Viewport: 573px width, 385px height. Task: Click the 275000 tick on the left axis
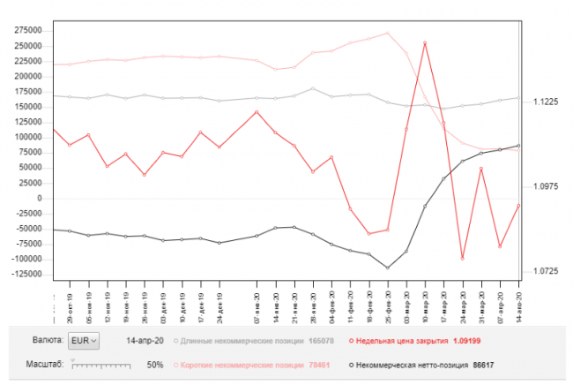pos(28,29)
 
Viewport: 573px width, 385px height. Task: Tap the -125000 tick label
pos(26,275)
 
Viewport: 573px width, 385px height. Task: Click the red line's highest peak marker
pos(425,42)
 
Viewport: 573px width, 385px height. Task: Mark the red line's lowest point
pos(462,259)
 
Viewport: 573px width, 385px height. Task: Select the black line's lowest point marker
pos(388,268)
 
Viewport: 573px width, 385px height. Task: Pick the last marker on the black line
pos(518,145)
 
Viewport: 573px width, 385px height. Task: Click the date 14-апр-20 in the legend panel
pos(146,340)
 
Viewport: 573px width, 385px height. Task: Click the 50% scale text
pos(155,364)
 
